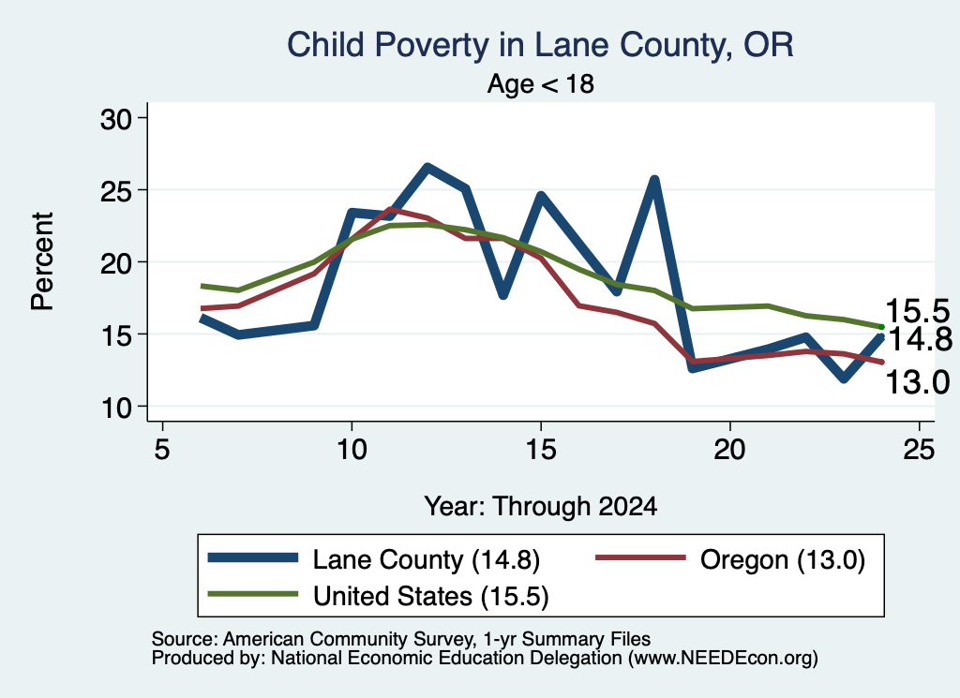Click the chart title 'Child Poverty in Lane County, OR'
[540, 45]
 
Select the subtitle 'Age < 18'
[541, 83]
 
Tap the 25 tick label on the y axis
[116, 191]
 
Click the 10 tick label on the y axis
[116, 408]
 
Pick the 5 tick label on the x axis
[161, 450]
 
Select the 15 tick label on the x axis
[541, 450]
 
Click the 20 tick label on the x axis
[729, 450]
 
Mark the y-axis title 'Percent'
[43, 261]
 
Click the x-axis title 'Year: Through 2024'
[541, 507]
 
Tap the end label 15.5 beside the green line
[917, 311]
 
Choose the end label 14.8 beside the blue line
[920, 339]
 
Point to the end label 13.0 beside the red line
[917, 382]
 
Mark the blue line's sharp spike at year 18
[654, 180]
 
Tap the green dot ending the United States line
[881, 327]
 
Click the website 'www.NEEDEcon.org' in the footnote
[723, 659]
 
